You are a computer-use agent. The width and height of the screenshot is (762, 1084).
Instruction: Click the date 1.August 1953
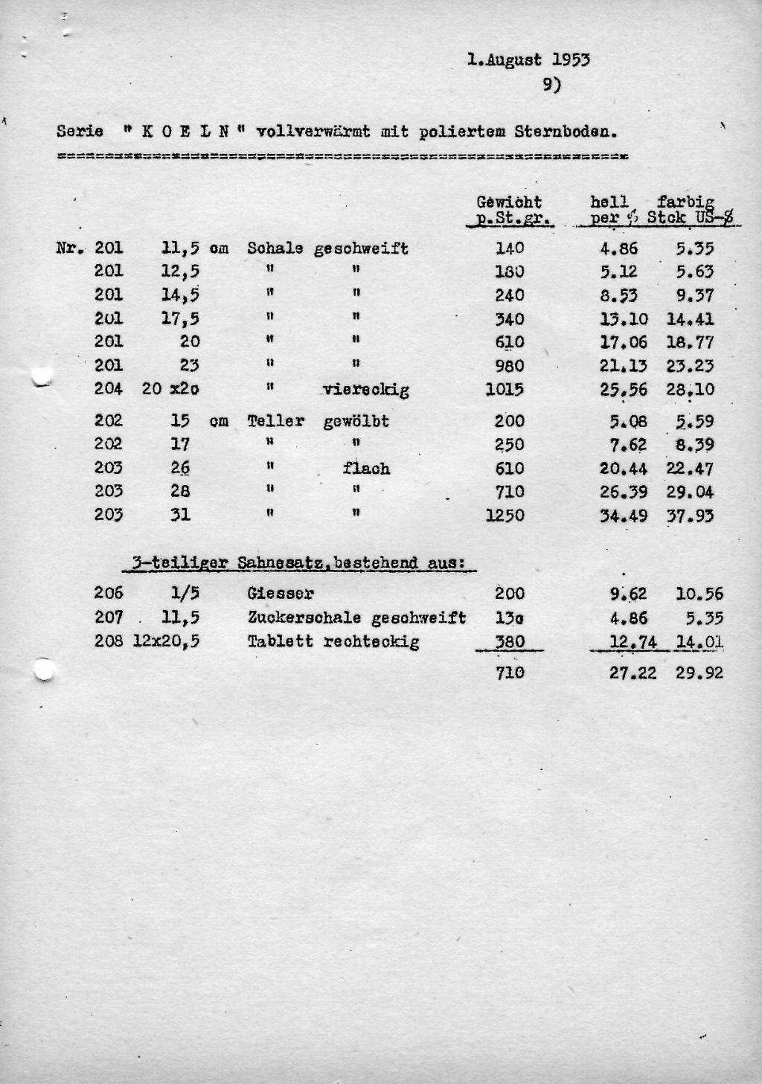click(x=528, y=60)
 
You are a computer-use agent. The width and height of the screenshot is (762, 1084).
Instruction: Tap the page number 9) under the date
click(x=551, y=86)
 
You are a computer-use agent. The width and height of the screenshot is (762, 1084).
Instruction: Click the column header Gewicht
click(x=509, y=202)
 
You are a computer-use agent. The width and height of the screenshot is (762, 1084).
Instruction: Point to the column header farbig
click(x=685, y=202)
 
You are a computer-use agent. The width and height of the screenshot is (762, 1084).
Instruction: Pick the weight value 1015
click(x=505, y=389)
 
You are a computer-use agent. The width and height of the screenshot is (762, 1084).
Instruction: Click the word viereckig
click(x=366, y=389)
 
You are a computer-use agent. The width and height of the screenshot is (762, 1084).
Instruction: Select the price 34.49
click(x=624, y=516)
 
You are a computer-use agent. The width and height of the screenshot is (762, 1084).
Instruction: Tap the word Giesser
click(x=281, y=594)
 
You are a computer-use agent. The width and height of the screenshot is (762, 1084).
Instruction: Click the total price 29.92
click(x=699, y=673)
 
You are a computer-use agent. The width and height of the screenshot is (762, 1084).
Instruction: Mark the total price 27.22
click(x=633, y=673)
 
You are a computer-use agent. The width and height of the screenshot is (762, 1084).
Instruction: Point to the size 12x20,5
click(x=166, y=641)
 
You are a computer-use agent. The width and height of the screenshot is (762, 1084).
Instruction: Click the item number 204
click(x=109, y=388)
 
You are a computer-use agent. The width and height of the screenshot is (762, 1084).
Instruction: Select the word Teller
click(x=276, y=421)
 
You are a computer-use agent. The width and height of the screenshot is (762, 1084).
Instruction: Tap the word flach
click(x=366, y=469)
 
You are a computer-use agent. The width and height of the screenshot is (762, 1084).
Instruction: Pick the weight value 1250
click(x=505, y=516)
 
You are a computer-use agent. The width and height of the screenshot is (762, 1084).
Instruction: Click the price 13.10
click(x=624, y=319)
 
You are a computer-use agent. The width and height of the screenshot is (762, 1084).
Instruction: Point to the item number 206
click(x=109, y=594)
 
